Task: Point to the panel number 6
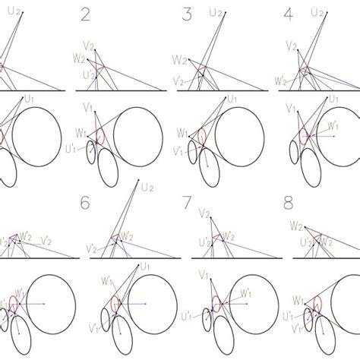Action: tap(85, 203)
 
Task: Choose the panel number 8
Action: tap(288, 203)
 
